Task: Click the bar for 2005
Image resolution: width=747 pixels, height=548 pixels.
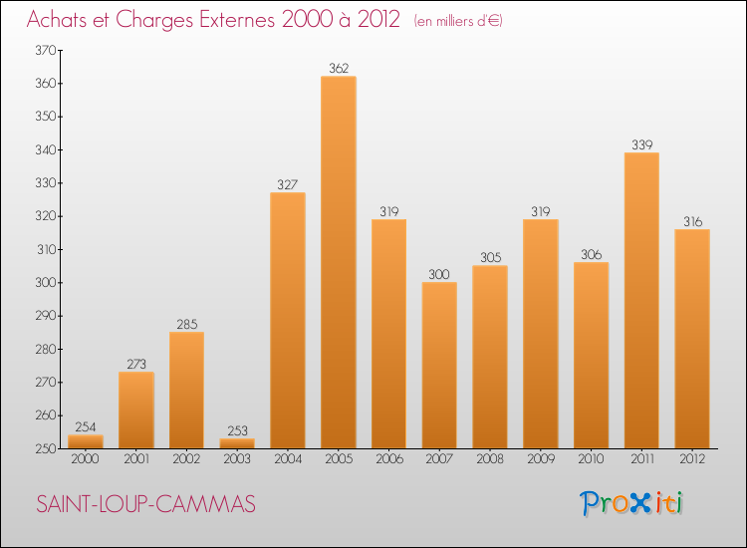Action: coord(339,262)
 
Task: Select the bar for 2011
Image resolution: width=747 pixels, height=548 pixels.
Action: coord(641,300)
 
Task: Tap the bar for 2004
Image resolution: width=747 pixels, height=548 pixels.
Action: coord(288,320)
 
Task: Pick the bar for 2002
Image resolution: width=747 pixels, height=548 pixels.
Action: coord(186,390)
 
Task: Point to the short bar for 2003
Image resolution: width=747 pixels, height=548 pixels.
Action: coord(237,443)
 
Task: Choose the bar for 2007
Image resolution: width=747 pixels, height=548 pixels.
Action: coord(439,365)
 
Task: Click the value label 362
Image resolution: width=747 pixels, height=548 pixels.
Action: coord(339,69)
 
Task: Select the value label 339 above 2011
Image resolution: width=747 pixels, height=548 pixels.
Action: coord(641,145)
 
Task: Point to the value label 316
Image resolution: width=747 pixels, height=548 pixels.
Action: coord(692,222)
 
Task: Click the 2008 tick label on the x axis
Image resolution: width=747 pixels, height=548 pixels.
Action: coord(490,459)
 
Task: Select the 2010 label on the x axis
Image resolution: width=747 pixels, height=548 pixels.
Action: coord(591,459)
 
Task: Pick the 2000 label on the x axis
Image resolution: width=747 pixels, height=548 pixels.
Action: coord(86,459)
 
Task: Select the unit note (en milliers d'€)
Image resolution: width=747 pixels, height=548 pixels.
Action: coord(458,21)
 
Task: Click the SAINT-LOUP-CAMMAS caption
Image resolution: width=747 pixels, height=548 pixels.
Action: coord(145,505)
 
